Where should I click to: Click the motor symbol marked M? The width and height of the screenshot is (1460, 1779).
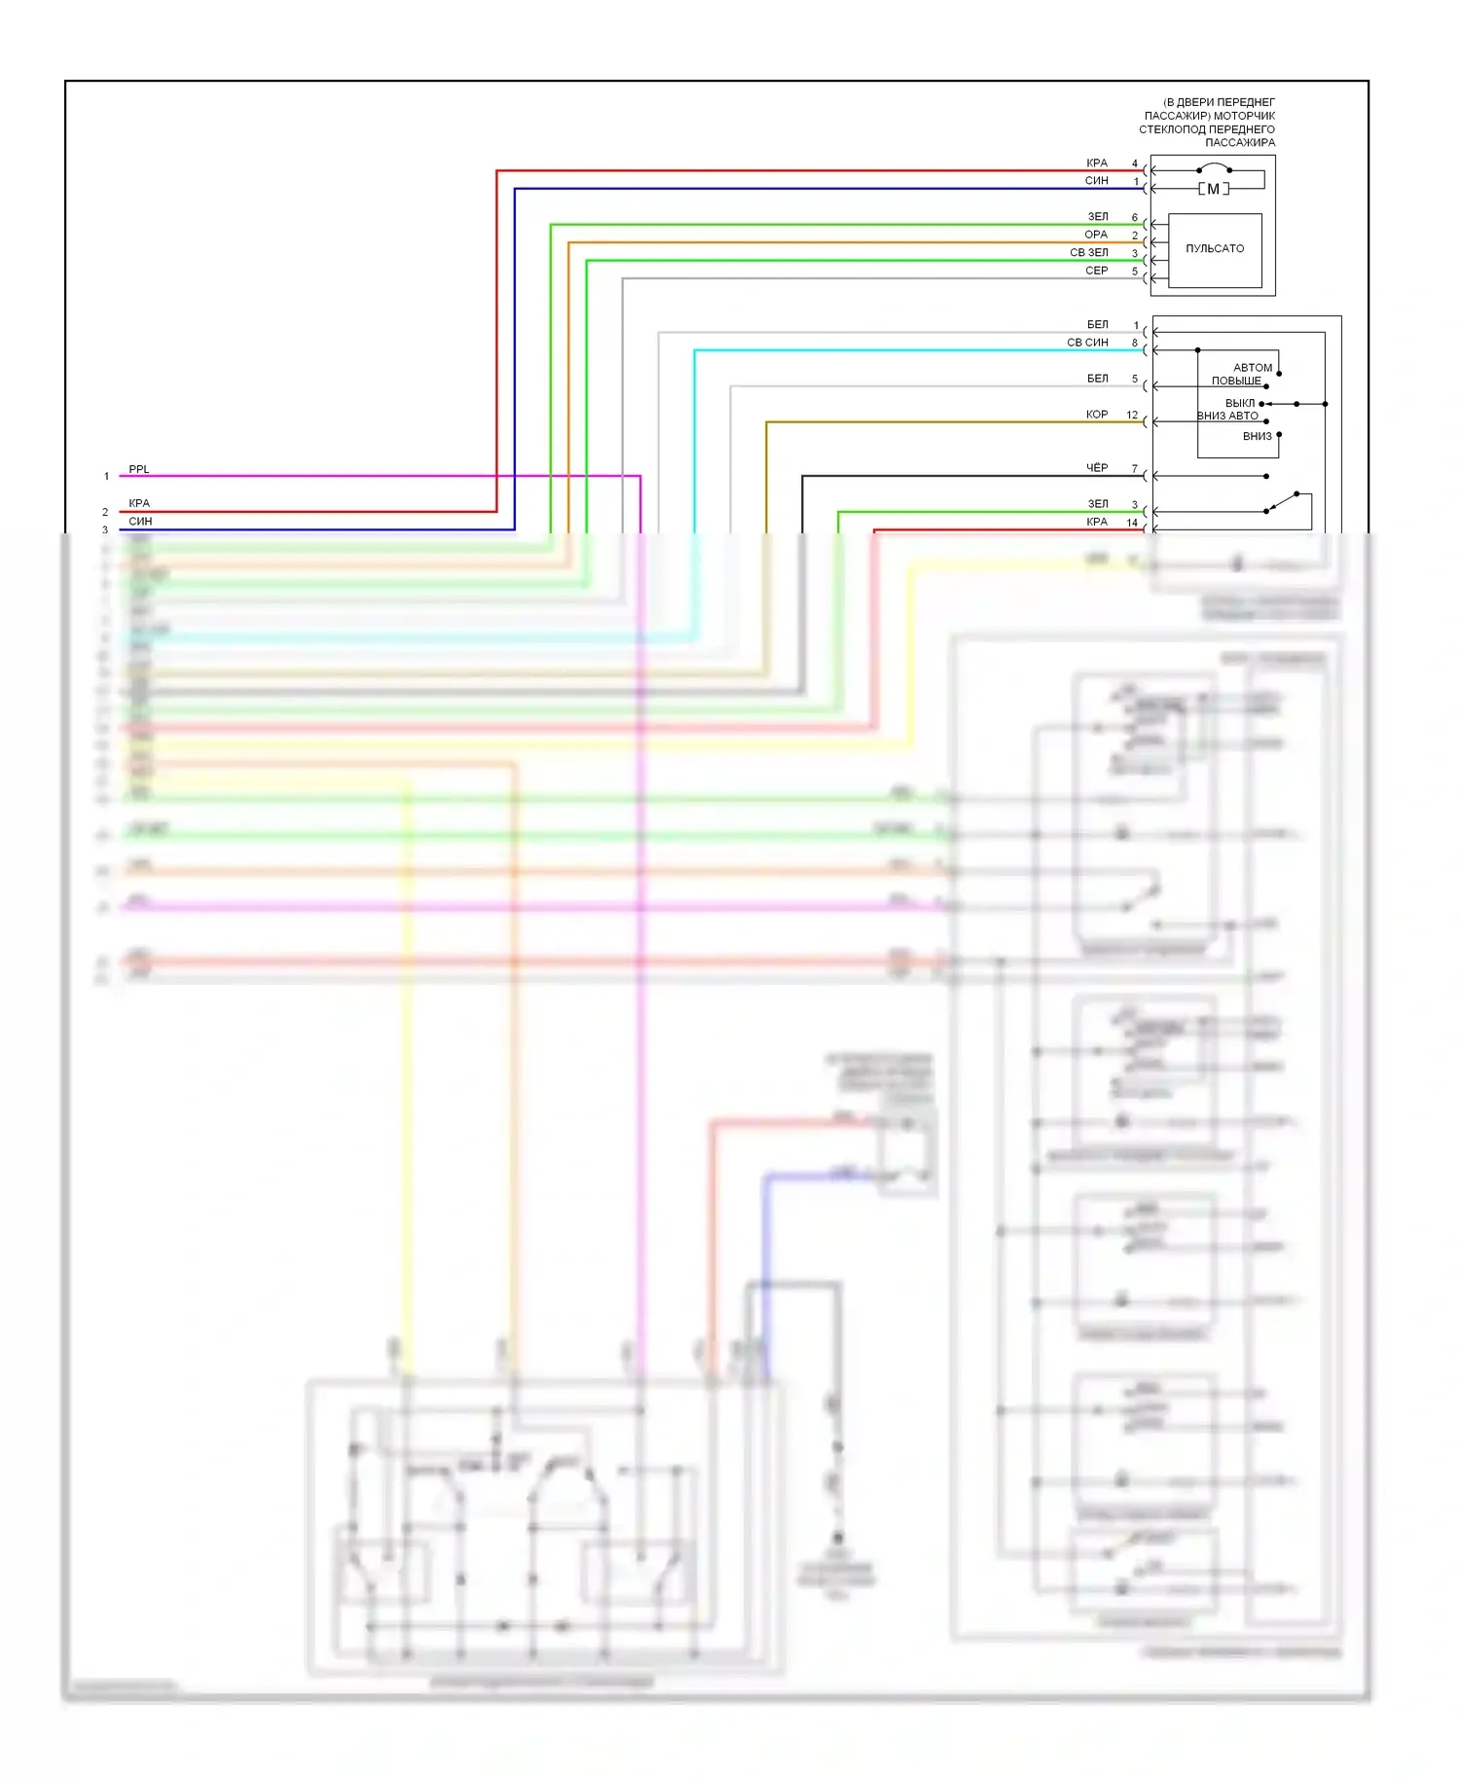pos(1213,189)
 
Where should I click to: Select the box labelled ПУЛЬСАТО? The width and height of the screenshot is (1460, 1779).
pos(1215,249)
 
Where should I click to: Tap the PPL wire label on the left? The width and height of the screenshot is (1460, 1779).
pos(139,469)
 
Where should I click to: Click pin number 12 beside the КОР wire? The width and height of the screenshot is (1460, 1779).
pos(1132,415)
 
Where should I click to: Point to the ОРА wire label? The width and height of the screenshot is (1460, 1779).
pos(1096,235)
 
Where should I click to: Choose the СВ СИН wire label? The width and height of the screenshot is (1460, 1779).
pos(1087,343)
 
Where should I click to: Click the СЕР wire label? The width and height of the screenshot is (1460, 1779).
pos(1096,271)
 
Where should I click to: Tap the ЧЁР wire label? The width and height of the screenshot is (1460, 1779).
pos(1097,468)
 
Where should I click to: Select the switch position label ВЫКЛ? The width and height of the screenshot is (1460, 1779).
pos(1240,403)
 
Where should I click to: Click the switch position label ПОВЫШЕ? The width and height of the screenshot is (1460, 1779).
pos(1236,381)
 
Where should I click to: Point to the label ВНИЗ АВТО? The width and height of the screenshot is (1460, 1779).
pos(1227,416)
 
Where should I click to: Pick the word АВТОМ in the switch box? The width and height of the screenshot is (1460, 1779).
pos(1253,368)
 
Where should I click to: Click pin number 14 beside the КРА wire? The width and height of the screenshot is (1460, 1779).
pos(1132,523)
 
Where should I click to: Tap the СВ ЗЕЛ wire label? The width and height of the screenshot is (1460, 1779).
pos(1088,253)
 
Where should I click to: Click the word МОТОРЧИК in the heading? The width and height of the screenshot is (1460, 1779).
pos(1244,116)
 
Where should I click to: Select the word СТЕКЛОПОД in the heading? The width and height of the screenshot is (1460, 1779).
pos(1173,129)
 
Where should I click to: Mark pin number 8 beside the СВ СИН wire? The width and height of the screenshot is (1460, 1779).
pos(1134,343)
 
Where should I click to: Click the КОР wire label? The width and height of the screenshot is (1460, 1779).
pos(1097,415)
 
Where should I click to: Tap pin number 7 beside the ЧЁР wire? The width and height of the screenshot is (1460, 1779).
pos(1134,468)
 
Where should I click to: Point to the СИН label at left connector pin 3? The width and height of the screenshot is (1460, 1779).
pos(140,522)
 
